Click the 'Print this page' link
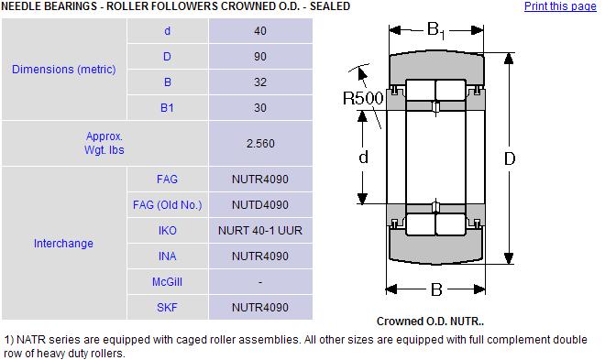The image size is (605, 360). (560, 6)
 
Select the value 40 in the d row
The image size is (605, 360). (260, 31)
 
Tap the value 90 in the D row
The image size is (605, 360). (260, 57)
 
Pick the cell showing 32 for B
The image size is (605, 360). (260, 82)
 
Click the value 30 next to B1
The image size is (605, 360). (260, 108)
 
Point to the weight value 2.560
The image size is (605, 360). (260, 144)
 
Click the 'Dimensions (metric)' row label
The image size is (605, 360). (63, 70)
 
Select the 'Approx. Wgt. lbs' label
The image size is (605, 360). (104, 143)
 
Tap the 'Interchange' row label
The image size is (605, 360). (63, 244)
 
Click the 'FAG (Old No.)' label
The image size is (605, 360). (168, 204)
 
